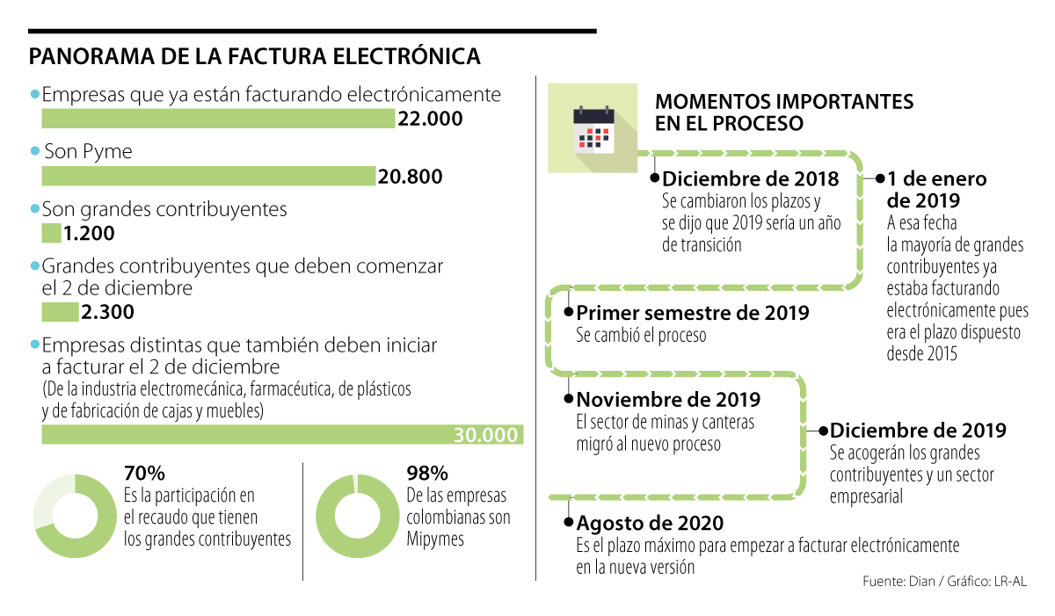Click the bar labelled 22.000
[x=218, y=119]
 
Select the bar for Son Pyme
[x=208, y=177]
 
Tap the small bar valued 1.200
[x=51, y=234]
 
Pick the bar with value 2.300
[x=60, y=312]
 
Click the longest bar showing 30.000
[x=281, y=435]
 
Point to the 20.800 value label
[x=410, y=178]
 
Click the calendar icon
[x=593, y=128]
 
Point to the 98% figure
[x=427, y=473]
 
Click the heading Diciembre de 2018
[x=750, y=179]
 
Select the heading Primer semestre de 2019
[x=693, y=313]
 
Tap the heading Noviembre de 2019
[x=668, y=400]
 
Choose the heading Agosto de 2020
[x=650, y=523]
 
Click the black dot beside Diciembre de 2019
[x=823, y=431]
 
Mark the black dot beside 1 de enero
[x=879, y=178]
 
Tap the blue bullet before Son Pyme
[x=35, y=151]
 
